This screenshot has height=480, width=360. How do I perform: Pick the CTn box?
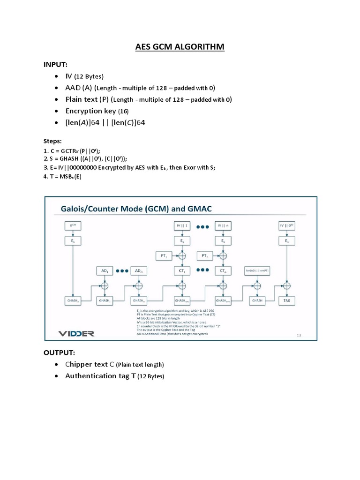(222, 270)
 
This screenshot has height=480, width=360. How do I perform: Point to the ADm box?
(139, 271)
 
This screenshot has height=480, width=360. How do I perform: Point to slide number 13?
(300, 335)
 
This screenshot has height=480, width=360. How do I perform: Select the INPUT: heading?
(56, 63)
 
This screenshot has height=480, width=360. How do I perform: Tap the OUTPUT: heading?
(60, 352)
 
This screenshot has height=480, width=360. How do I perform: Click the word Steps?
(52, 141)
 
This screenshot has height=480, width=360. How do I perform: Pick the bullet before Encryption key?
(56, 111)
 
